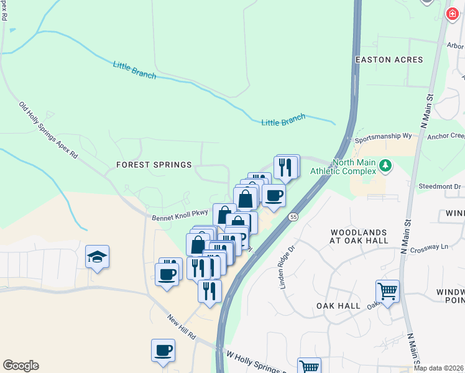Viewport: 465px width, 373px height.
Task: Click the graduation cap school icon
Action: click(98, 257)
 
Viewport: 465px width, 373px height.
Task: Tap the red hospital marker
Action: click(452, 14)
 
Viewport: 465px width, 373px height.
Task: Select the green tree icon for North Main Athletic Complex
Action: click(386, 165)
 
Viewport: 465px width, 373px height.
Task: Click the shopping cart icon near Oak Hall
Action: click(387, 291)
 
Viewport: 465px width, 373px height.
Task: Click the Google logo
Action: click(21, 366)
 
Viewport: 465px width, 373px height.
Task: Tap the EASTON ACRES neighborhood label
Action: click(389, 60)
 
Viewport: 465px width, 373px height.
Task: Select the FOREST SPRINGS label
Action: click(154, 165)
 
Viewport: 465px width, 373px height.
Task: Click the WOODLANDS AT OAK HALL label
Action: click(361, 236)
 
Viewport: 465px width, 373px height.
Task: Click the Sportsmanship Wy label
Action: click(384, 138)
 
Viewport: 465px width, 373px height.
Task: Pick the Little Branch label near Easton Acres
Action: click(283, 120)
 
